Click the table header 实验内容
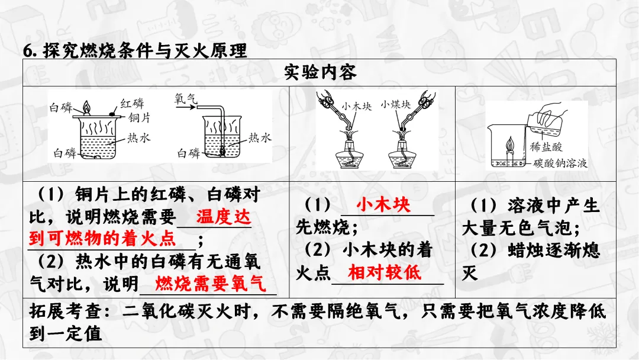point(319,73)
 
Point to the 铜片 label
point(140,118)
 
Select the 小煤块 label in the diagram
point(396,105)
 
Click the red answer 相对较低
point(385,273)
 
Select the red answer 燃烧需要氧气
point(211,284)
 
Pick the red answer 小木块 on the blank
point(383,205)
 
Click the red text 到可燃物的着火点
point(102,239)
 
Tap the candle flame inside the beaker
point(509,144)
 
